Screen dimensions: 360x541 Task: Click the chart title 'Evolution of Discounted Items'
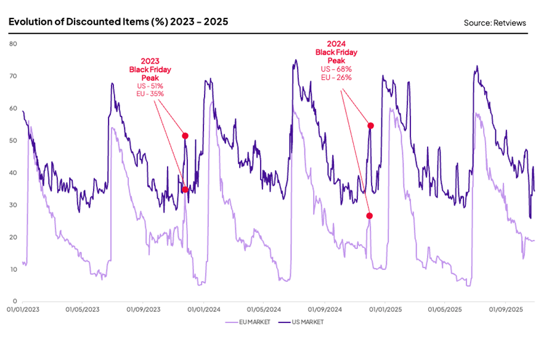coord(118,22)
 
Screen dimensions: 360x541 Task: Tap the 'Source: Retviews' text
coord(495,23)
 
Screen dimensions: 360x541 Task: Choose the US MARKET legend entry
coord(303,322)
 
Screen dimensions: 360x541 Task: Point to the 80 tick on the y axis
coord(13,44)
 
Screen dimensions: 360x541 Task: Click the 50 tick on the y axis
coord(13,141)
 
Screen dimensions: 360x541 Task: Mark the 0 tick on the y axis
coord(15,301)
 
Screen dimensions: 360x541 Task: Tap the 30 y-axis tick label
coord(13,205)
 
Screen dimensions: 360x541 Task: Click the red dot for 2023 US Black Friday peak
coord(185,136)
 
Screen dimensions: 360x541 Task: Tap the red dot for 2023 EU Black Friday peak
coord(185,190)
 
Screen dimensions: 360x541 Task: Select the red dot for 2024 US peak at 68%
coord(371,126)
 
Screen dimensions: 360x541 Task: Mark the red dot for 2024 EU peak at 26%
coord(369,216)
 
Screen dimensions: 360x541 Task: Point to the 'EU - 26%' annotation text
coord(336,78)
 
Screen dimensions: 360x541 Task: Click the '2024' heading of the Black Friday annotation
coord(336,44)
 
